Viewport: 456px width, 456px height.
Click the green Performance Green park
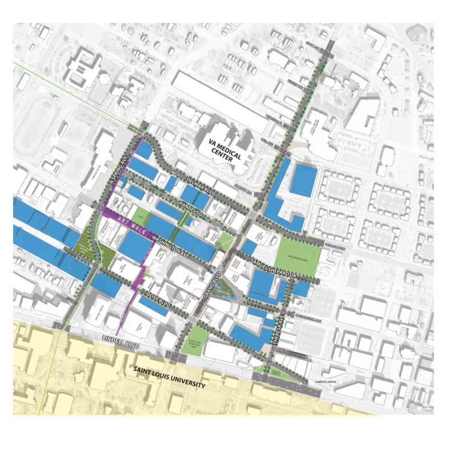[295, 251]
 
